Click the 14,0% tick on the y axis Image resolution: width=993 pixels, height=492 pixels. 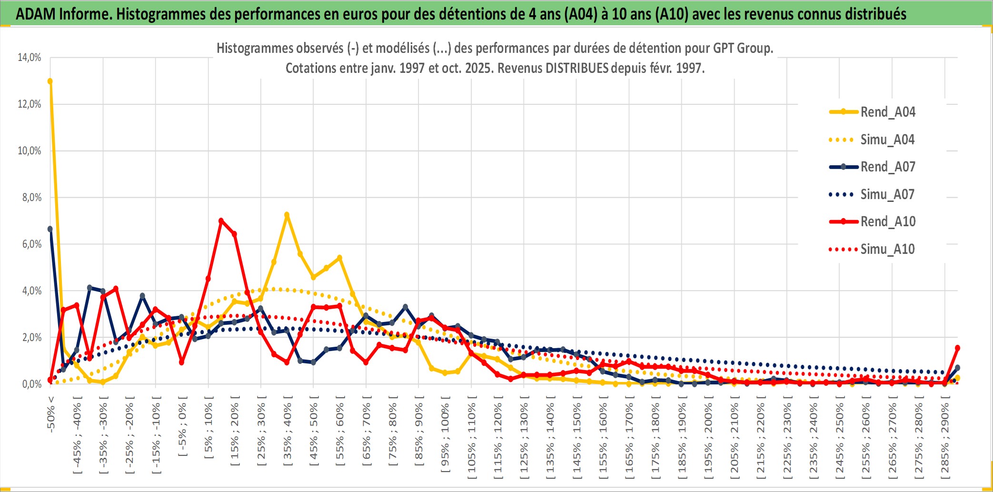pyautogui.click(x=30, y=58)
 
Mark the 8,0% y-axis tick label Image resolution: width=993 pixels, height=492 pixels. pyautogui.click(x=31, y=197)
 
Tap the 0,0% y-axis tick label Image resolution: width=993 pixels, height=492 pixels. pyautogui.click(x=31, y=384)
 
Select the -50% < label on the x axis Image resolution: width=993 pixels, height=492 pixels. pyautogui.click(x=51, y=414)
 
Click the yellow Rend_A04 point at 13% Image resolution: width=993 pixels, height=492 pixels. pyautogui.click(x=50, y=81)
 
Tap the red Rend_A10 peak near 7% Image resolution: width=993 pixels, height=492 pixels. pyautogui.click(x=221, y=221)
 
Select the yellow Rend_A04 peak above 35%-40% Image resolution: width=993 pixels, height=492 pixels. pyautogui.click(x=287, y=215)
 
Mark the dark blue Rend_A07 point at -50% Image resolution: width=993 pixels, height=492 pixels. pyautogui.click(x=50, y=229)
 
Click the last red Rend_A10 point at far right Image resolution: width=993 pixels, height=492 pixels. pyautogui.click(x=957, y=348)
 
